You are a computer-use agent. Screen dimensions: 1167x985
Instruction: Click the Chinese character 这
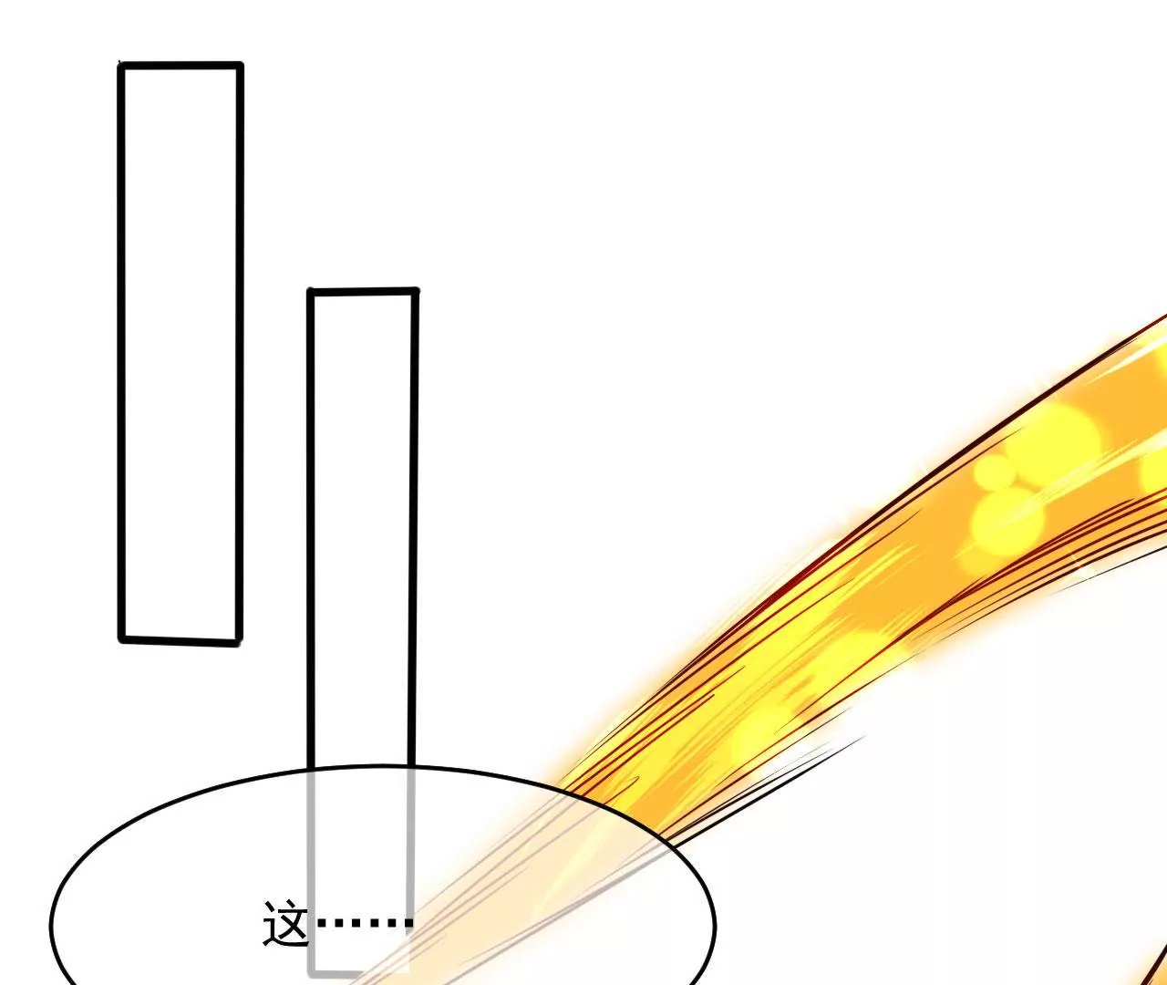point(285,923)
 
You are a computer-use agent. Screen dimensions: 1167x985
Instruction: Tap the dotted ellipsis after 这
point(365,923)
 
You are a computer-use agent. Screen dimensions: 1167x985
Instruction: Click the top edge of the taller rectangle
point(181,66)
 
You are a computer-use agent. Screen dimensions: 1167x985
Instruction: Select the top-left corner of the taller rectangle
point(121,66)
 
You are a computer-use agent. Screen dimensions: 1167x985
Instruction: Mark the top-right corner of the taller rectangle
point(241,66)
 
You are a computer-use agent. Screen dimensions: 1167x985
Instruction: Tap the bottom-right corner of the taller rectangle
point(239,642)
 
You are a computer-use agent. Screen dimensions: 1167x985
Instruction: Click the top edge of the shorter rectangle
point(363,291)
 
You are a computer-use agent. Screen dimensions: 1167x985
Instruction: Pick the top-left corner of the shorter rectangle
point(311,292)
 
